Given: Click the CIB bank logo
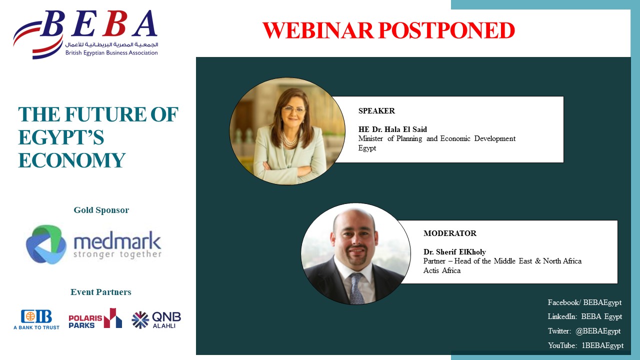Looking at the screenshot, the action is point(36,319).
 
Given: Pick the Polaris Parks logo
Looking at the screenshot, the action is point(95,318).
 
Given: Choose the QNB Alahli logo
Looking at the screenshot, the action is point(156,319).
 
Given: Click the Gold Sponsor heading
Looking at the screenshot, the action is point(101,210).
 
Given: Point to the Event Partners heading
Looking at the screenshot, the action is point(101,292).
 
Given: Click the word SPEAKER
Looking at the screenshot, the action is point(376,111).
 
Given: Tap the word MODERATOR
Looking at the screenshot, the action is point(450,233).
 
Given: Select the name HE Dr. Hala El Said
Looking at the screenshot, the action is point(392,129).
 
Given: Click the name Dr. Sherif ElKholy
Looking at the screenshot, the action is point(454,252).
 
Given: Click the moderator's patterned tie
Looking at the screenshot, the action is point(356,288).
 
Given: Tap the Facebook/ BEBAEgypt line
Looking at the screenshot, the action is point(584,302).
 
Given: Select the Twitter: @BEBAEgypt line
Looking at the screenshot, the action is point(584,331).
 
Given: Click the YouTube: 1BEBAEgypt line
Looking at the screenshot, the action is point(585,345).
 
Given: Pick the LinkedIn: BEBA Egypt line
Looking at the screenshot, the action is point(585,317).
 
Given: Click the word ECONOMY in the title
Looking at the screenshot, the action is point(71,160).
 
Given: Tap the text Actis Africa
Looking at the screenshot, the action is point(442,270).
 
